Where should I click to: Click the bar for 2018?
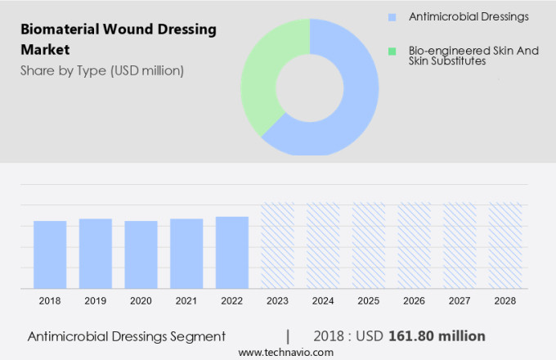(50, 254)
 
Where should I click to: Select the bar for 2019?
(96, 254)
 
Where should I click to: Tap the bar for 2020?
(141, 254)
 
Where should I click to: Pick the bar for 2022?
(232, 252)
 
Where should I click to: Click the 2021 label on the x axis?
(186, 301)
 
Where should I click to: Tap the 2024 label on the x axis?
(323, 301)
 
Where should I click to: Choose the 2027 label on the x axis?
(460, 301)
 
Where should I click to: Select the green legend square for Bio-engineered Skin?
(392, 51)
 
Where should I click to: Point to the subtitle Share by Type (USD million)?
(102, 70)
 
